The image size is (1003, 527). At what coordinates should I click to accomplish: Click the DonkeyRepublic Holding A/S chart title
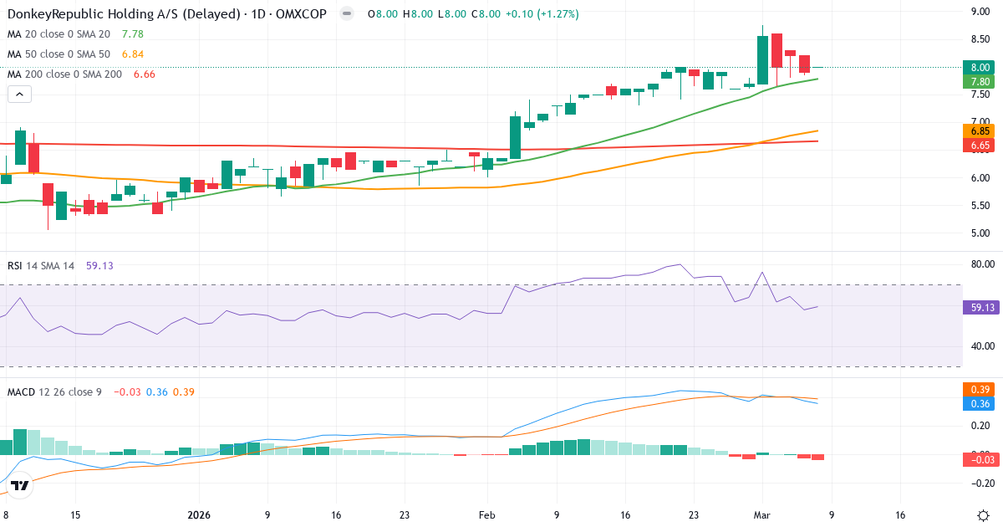[x=167, y=14]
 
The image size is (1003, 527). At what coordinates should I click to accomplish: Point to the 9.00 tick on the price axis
[x=980, y=12]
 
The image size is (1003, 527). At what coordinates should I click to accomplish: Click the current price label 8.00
[x=980, y=67]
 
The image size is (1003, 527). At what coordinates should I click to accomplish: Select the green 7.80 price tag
[x=980, y=81]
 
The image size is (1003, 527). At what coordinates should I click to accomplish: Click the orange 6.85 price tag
[x=980, y=131]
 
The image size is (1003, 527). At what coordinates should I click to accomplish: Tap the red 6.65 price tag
[x=980, y=146]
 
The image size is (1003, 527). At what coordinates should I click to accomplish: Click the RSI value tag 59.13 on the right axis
[x=980, y=308]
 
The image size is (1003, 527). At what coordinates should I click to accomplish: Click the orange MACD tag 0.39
[x=980, y=390]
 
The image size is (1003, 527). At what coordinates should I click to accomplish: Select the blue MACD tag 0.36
[x=980, y=404]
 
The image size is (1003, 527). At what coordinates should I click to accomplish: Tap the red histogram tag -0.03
[x=980, y=458]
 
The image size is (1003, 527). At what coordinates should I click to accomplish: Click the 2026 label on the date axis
[x=199, y=515]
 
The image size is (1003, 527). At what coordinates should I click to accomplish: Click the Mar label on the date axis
[x=761, y=515]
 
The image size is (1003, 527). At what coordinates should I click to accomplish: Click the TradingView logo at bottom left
[x=21, y=484]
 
